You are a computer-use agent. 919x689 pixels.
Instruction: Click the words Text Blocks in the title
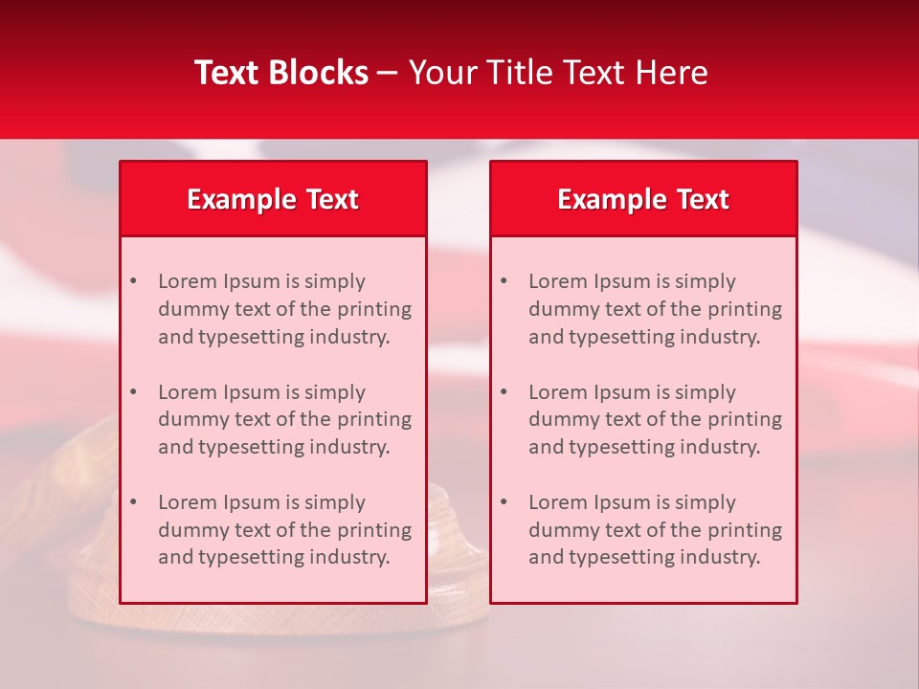pos(281,73)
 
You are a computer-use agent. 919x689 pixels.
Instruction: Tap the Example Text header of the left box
pos(273,199)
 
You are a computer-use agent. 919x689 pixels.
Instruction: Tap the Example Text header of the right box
pos(643,199)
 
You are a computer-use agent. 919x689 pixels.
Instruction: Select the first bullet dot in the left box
pos(133,281)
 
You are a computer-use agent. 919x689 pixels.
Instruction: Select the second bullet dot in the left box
pos(133,392)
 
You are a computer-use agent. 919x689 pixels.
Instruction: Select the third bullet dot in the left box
pos(133,502)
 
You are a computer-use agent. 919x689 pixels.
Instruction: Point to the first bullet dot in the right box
pos(504,281)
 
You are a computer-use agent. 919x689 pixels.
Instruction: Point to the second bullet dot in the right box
pos(504,392)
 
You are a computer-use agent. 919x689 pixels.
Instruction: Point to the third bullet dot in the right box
pos(504,502)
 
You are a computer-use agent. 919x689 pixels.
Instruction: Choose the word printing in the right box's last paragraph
pos(747,530)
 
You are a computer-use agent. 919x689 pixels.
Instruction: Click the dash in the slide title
pos(388,73)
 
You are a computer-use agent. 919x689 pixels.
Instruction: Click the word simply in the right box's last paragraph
pos(706,502)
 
